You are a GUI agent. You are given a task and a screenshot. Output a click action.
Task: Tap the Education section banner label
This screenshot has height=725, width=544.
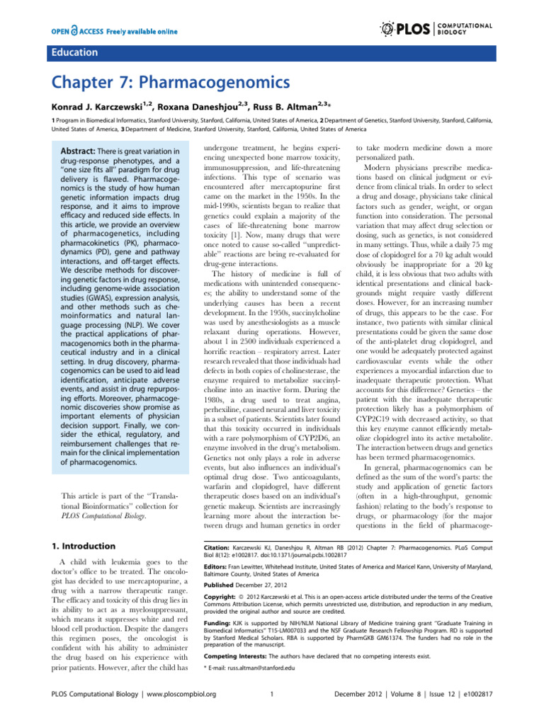pyautogui.click(x=74, y=52)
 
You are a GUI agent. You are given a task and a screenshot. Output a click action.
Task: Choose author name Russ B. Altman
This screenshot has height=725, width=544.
pyautogui.click(x=302, y=110)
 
